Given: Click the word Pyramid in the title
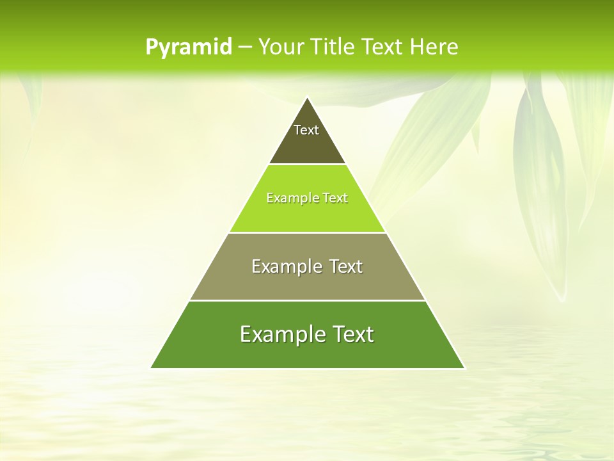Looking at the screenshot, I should pyautogui.click(x=189, y=47).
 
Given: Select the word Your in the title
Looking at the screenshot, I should pyautogui.click(x=280, y=47).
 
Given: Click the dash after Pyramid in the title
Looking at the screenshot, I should pyautogui.click(x=244, y=47).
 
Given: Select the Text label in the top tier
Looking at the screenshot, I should pyautogui.click(x=306, y=130).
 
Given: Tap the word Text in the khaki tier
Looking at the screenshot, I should pyautogui.click(x=346, y=266).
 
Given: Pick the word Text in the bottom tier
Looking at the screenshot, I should pyautogui.click(x=350, y=334).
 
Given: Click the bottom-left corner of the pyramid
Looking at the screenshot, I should pyautogui.click(x=152, y=368).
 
